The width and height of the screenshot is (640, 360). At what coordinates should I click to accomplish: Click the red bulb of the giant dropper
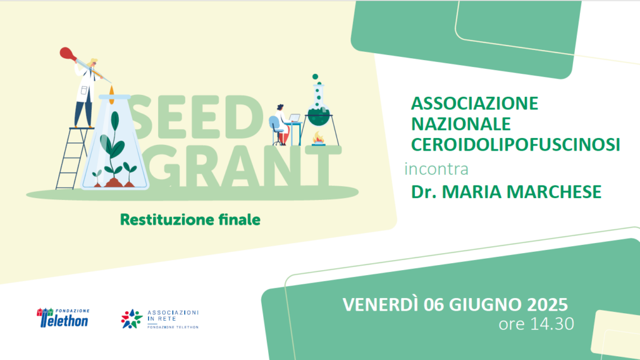pos(66,54)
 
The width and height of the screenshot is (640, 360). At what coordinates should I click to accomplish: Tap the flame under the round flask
pos(319,138)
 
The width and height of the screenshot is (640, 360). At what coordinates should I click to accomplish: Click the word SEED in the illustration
pos(195,118)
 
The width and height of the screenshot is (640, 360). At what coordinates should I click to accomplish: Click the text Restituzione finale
pos(190,219)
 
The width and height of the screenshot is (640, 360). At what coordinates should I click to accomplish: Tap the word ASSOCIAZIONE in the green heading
pos(474,103)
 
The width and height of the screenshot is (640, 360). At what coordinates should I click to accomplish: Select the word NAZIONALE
pos(461,124)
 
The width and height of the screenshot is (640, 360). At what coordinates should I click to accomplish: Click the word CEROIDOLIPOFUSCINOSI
pos(516,144)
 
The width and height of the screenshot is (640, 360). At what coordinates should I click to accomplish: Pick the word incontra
pos(436,169)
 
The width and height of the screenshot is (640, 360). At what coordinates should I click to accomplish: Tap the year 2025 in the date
pos(547,304)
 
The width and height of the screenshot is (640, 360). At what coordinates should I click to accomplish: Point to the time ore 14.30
pos(536,324)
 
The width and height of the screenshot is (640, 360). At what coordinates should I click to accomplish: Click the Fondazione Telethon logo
pos(63,318)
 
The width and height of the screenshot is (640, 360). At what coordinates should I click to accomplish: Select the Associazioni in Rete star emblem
pos(131,319)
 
